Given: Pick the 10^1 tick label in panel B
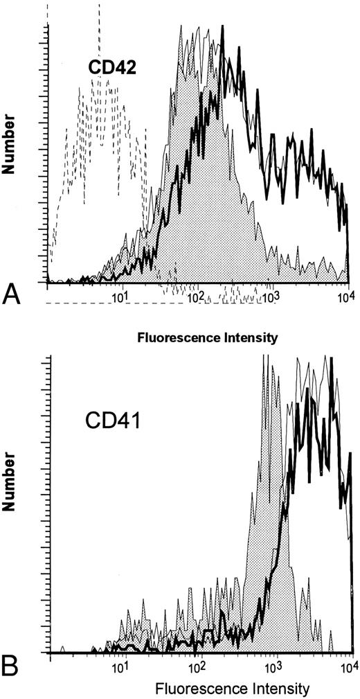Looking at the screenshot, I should [120, 670].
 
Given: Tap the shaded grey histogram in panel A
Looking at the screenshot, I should [208, 208].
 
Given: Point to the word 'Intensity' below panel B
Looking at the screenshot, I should [252, 689].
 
